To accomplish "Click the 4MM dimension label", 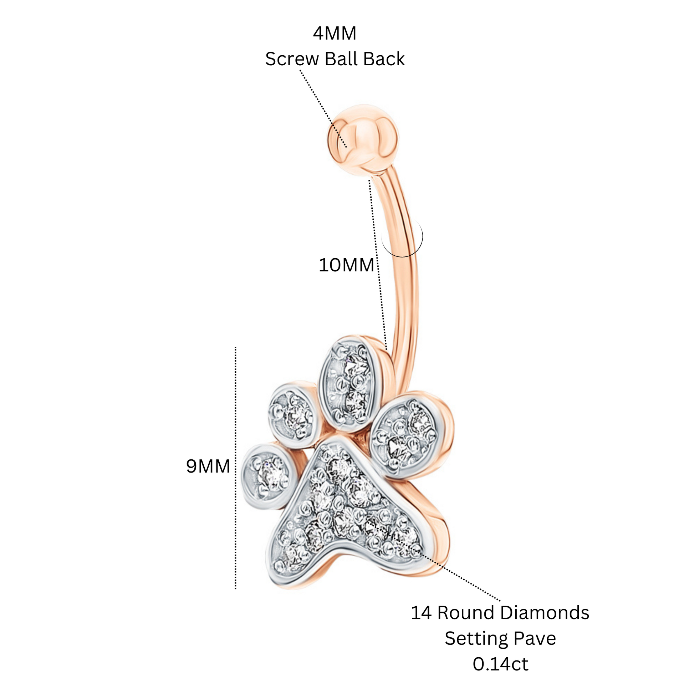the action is (335, 34).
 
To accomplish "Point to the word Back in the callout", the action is (384, 58).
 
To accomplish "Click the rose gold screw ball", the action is (363, 140).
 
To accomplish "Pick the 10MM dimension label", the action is (346, 265).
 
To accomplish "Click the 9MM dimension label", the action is (208, 466).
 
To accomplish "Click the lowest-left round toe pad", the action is (270, 477).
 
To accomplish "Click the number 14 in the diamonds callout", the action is (421, 613).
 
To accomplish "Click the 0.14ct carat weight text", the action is (500, 664).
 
